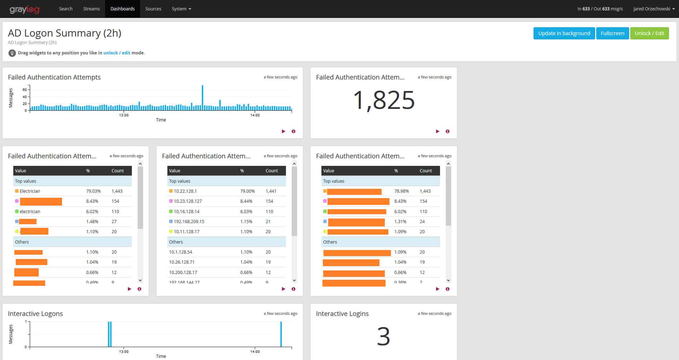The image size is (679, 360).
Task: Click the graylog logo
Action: pos(24,9)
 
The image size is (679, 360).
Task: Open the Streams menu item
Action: pos(91,9)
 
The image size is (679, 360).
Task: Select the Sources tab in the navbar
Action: pos(153,9)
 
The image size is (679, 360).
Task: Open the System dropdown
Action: pos(181,9)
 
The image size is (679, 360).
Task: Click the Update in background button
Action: pos(564,33)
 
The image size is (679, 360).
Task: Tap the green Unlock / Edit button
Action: pos(649,33)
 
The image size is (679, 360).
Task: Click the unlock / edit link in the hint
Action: pos(117,53)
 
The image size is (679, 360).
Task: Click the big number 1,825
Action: pos(384,100)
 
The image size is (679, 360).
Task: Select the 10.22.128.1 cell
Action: pos(185,191)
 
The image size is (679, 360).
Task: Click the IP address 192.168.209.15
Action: pos(189,222)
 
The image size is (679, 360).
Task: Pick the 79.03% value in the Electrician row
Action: pos(93,191)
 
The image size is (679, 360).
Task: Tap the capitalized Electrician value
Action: pos(30,191)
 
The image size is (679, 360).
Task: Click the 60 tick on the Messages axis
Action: pos(25,90)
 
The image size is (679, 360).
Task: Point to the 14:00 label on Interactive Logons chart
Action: pos(255,352)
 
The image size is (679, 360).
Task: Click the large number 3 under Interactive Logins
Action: pos(383,336)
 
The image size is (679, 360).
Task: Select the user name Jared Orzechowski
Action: pos(651,9)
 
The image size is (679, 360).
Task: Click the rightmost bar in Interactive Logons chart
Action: pos(281,334)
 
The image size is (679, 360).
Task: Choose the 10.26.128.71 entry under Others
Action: pos(182,262)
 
